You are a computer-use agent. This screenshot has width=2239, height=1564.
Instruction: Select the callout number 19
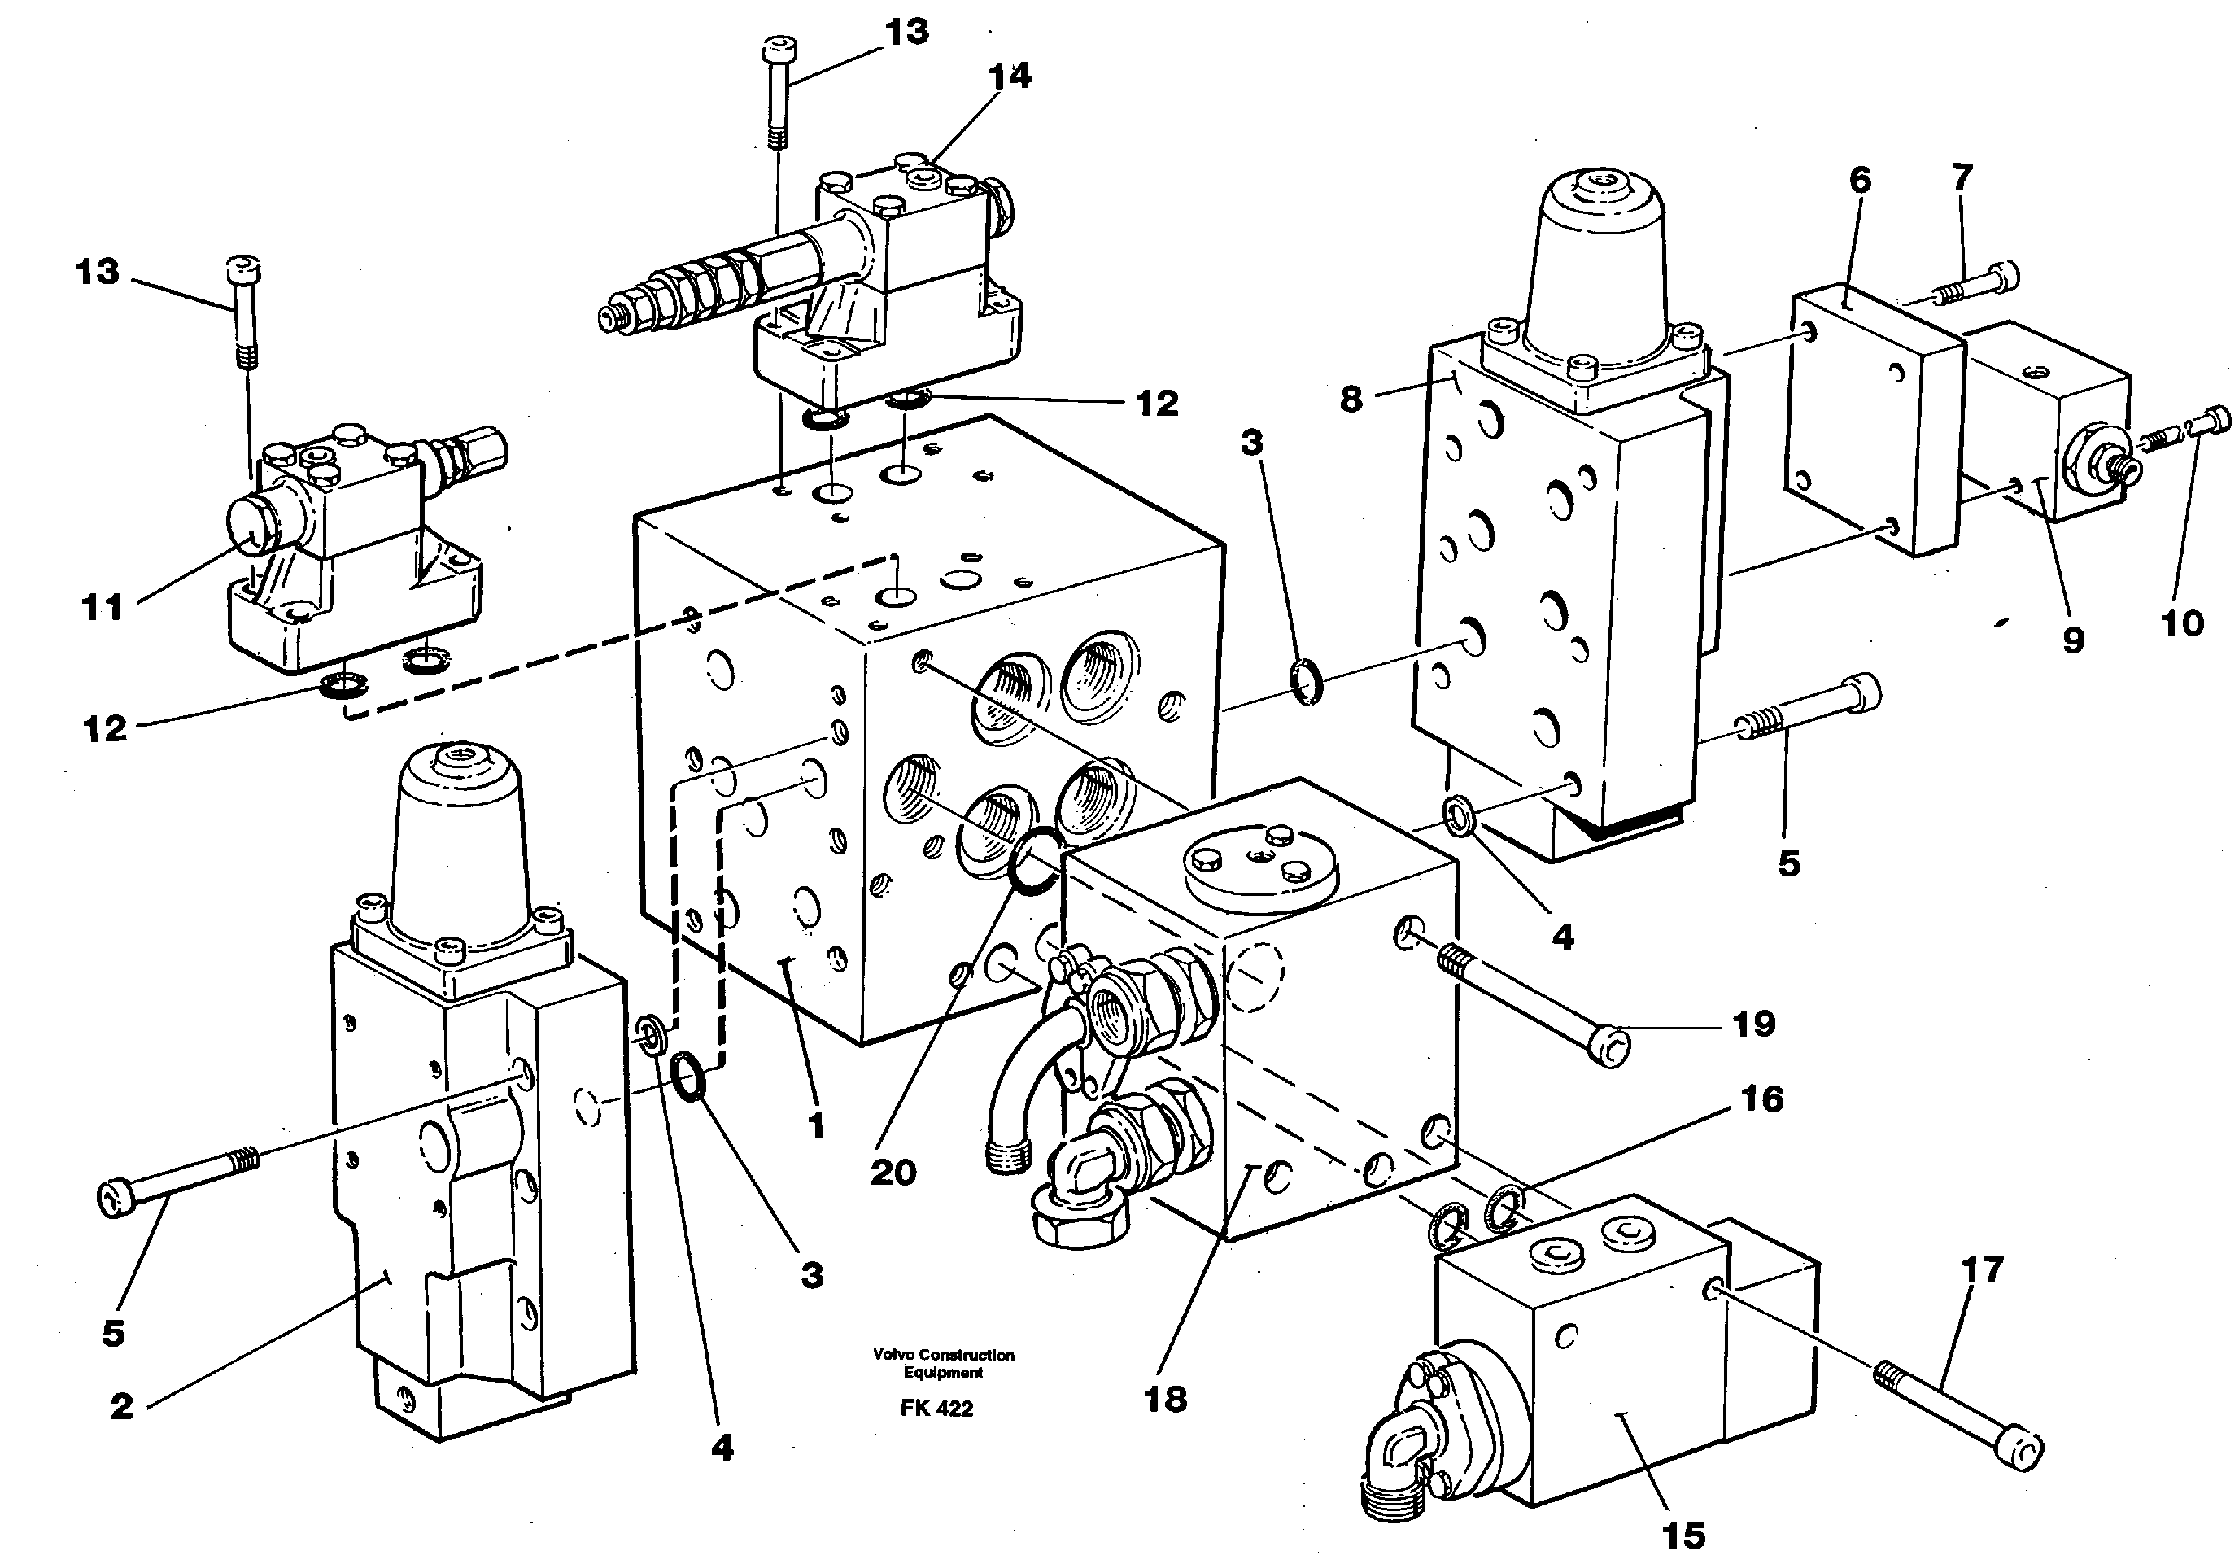point(1753,1024)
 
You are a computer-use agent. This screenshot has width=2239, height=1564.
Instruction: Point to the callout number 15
point(1683,1536)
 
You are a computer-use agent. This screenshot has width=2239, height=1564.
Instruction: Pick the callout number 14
point(1010,76)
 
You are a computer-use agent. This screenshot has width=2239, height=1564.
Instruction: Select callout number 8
point(1351,399)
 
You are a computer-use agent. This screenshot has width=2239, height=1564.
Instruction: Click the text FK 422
point(936,1408)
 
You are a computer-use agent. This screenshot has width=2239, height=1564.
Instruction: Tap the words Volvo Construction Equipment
point(943,1363)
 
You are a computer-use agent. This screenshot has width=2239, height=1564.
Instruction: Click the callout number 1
point(816,1125)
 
